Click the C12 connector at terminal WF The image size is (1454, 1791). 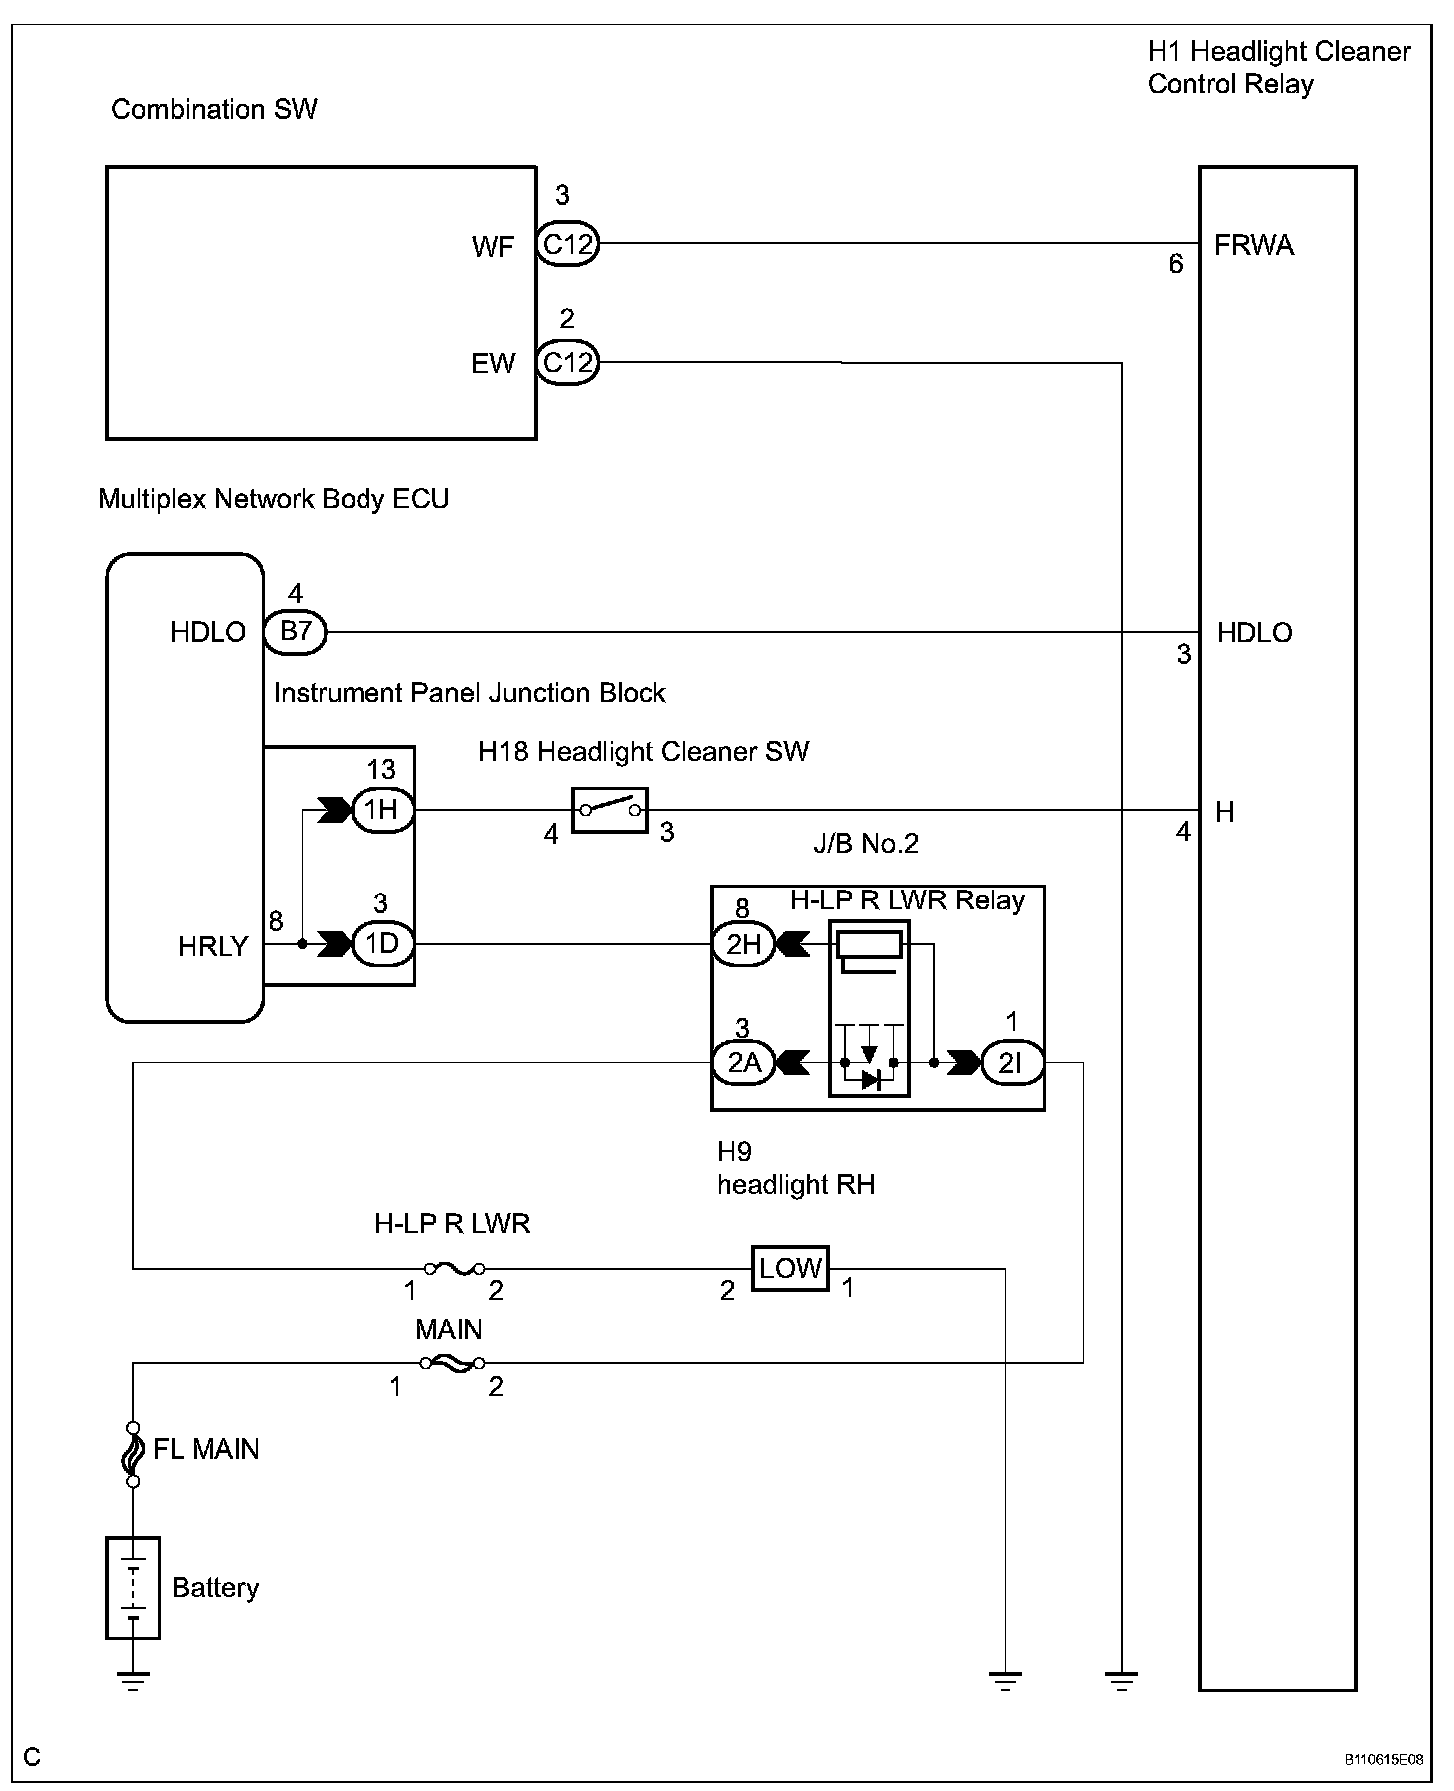tap(567, 243)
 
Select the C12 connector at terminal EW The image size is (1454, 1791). tap(567, 362)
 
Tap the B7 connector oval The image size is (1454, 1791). tap(295, 632)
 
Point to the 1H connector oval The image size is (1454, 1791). tap(381, 810)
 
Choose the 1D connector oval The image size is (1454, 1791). tap(381, 944)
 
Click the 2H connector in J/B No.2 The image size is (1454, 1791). tap(743, 944)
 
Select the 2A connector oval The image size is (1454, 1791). tap(743, 1063)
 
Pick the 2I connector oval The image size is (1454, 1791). tap(1011, 1063)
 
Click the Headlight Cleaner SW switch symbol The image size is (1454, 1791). tap(610, 810)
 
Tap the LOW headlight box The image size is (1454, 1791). tap(790, 1269)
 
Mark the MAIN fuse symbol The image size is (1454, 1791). tap(452, 1362)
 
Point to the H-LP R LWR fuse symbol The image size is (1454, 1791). tap(455, 1269)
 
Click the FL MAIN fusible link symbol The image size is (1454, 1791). tap(133, 1454)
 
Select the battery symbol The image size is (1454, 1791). tap(133, 1588)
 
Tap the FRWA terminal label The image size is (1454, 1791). tap(1253, 246)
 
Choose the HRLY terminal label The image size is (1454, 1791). tap(213, 947)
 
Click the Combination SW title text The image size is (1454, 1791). tap(214, 109)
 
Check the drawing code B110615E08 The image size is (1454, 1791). tap(1383, 1760)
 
